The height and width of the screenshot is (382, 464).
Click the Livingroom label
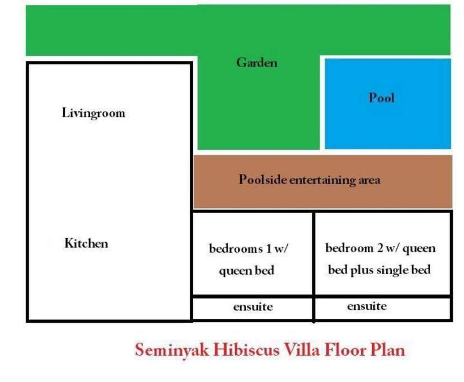(93, 113)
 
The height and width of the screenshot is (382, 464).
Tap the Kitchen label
(86, 243)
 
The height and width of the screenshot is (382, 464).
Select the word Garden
(257, 63)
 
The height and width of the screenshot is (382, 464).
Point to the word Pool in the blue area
(381, 97)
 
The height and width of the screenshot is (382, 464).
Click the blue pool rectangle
(388, 104)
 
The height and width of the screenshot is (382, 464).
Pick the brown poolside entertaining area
(323, 182)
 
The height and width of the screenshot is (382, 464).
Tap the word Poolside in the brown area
(263, 179)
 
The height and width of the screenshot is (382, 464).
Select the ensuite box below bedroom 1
(253, 308)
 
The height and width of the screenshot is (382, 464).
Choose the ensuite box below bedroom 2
(383, 308)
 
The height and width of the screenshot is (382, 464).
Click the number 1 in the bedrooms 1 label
(269, 248)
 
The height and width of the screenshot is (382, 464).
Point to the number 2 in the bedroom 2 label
(380, 248)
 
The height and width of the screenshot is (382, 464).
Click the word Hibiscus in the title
(246, 350)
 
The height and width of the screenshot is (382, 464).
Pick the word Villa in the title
(302, 350)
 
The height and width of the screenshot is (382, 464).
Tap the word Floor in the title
(345, 350)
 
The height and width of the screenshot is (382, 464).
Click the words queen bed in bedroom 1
(246, 271)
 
